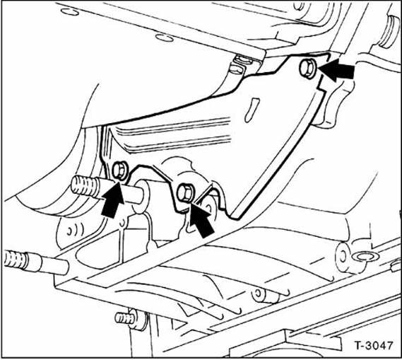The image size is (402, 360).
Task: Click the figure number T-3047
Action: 373,345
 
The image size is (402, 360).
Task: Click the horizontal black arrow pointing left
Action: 336,70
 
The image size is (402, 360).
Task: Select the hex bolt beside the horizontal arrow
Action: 308,68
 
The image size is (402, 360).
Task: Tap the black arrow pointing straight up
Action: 113,199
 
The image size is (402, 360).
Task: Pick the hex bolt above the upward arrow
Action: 119,170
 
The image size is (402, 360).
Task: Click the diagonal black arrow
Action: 202,218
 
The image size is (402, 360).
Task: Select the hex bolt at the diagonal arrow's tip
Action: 186,192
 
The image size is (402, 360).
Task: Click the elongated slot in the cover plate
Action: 252,110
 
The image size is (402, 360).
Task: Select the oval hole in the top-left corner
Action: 70,12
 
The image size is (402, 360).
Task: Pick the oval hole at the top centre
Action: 165,38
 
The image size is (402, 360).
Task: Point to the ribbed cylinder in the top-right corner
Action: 389,31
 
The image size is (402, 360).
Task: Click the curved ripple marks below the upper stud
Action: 76,230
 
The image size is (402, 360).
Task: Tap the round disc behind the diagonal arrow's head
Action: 210,207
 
